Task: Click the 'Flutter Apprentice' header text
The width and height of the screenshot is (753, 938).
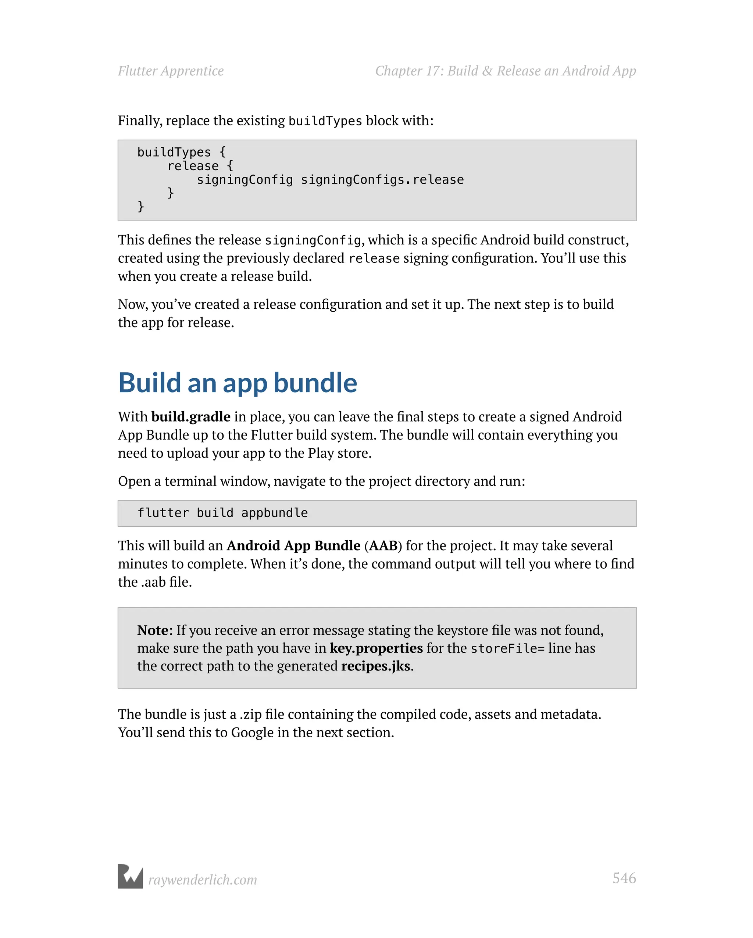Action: (171, 71)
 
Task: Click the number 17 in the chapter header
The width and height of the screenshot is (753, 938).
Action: (434, 71)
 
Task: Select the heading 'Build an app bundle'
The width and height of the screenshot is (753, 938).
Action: (238, 383)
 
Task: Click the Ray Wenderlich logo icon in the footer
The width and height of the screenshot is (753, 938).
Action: (130, 876)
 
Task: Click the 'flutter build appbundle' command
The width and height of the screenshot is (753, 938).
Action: (222, 513)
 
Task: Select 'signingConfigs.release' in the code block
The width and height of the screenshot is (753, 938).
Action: (382, 180)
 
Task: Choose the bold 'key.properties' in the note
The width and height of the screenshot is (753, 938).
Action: (376, 648)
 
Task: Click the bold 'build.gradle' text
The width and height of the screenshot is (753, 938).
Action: (191, 417)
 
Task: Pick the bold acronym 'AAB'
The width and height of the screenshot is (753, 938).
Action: (383, 545)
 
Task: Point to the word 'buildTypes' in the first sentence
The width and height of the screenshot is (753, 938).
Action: (325, 121)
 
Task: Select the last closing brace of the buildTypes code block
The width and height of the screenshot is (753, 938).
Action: (140, 206)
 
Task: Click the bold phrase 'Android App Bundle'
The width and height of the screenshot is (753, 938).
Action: (293, 545)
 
